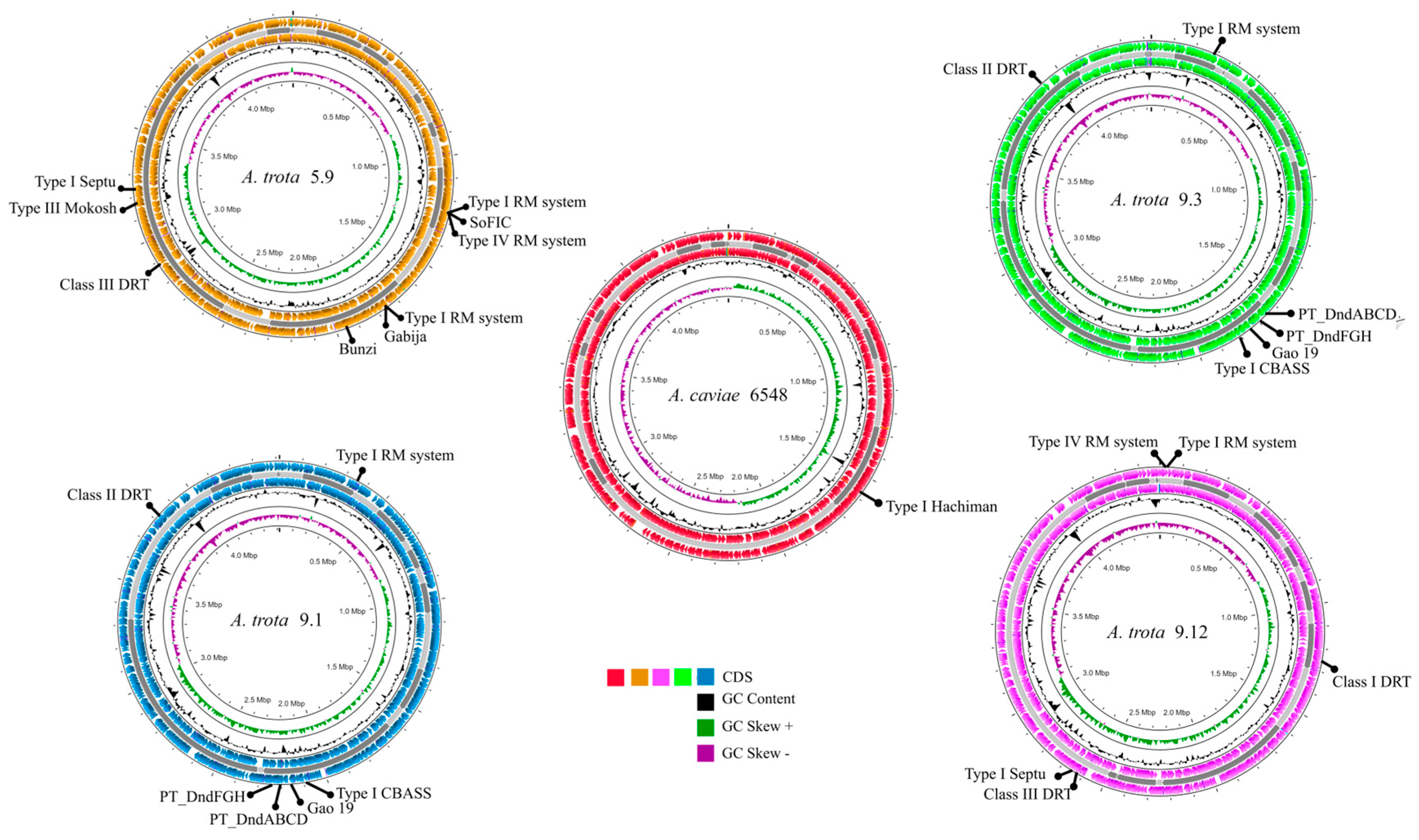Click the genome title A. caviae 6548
coord(728,395)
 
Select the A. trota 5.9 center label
coord(288,177)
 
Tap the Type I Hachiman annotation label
coord(941,507)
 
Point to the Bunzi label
coord(358,349)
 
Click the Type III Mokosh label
coord(63,208)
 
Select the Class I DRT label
coord(1371,682)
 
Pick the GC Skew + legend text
coord(757,726)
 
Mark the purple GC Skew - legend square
coord(705,754)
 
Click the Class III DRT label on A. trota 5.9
coord(104,284)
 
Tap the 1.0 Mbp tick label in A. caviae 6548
coord(803,381)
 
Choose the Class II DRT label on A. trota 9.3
coord(984,69)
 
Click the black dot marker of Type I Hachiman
coord(878,503)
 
